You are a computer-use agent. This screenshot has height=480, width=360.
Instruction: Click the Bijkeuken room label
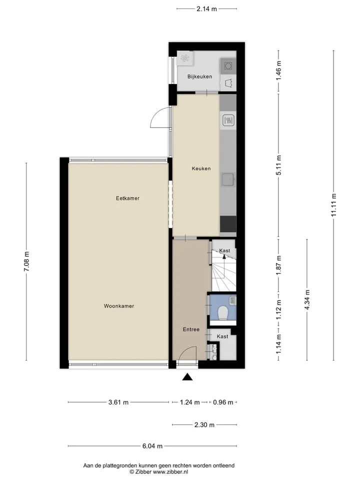(x=199, y=76)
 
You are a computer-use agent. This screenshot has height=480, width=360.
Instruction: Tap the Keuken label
(x=201, y=168)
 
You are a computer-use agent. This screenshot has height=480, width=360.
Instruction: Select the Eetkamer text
(x=127, y=198)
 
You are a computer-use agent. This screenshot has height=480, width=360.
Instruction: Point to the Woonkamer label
(x=119, y=306)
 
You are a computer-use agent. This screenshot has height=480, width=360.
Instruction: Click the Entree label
(x=191, y=329)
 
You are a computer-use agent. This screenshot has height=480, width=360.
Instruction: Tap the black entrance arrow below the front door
(x=187, y=377)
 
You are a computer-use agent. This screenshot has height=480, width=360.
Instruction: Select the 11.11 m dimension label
(x=333, y=205)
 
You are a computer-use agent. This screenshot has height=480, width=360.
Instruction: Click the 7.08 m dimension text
(x=26, y=261)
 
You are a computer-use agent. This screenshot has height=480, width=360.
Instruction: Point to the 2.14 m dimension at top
(x=206, y=9)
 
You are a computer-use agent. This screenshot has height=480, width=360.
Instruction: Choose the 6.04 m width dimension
(x=152, y=446)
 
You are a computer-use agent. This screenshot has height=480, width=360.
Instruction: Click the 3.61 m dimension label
(x=118, y=402)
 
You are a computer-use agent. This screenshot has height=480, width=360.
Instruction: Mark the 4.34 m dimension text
(x=307, y=299)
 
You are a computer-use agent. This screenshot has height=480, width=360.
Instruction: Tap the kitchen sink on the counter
(x=228, y=179)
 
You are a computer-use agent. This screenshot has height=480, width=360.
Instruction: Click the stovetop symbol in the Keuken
(x=228, y=120)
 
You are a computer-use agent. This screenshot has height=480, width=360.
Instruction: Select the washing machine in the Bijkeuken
(x=228, y=66)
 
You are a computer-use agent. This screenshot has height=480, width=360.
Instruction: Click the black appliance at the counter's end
(x=228, y=224)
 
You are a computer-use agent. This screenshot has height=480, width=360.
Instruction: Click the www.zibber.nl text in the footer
(x=170, y=472)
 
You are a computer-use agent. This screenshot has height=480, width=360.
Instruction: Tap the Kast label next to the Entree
(x=222, y=336)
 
